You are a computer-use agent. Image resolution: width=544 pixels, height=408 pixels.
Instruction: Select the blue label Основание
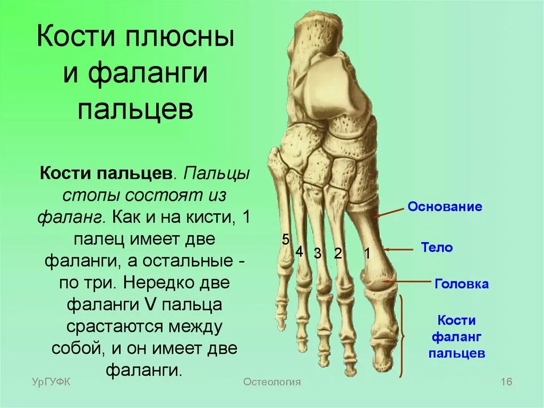(x=445, y=207)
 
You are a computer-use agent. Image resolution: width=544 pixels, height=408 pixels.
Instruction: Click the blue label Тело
(x=437, y=247)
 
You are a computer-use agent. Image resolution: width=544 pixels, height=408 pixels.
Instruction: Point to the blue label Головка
(x=461, y=284)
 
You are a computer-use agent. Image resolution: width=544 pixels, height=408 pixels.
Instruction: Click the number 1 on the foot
(x=367, y=254)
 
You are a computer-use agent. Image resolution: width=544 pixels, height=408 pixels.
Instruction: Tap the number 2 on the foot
(x=337, y=254)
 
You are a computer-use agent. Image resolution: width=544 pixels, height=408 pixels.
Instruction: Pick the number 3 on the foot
(x=317, y=254)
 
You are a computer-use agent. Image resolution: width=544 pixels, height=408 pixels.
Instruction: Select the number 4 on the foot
(x=299, y=251)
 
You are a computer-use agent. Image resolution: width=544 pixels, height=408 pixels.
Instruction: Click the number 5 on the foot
(x=285, y=240)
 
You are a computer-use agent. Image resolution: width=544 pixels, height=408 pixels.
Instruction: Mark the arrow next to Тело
(x=398, y=249)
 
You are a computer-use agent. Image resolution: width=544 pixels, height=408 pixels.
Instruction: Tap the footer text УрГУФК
(x=51, y=382)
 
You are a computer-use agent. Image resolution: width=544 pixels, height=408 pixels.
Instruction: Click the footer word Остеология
(x=272, y=382)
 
